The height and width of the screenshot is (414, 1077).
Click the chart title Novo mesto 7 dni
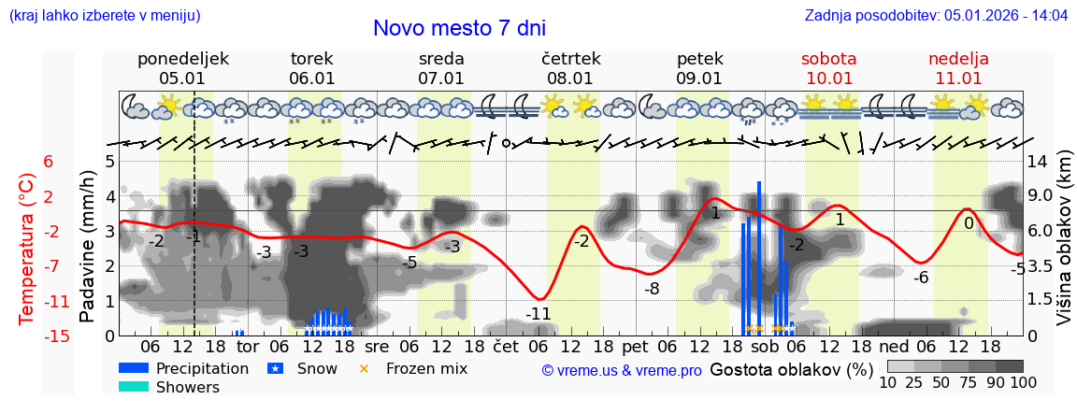coord(459,28)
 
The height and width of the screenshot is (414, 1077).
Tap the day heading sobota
coord(828,59)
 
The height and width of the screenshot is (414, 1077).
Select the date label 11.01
coord(958,79)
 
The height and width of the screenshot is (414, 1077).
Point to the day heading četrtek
coord(570,59)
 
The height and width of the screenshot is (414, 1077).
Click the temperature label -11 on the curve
coord(538,314)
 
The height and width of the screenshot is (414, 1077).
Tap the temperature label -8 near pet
coord(652,289)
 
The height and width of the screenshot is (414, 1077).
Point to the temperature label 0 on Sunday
coord(969,223)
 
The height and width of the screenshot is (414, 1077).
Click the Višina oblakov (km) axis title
coord(1064,248)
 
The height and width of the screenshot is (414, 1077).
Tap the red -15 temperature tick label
coord(57,336)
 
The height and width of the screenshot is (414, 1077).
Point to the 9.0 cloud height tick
coord(1041,196)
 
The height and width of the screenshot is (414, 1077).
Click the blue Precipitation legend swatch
coord(133,368)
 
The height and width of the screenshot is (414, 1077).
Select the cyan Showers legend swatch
coord(133,387)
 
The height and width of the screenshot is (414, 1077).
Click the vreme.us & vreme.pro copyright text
coord(622,370)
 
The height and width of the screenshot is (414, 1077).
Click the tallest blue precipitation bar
coord(758,257)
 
